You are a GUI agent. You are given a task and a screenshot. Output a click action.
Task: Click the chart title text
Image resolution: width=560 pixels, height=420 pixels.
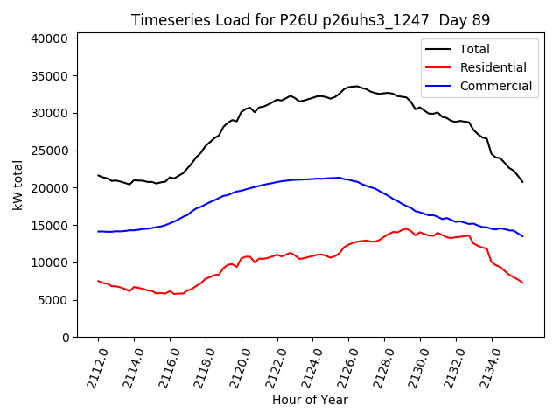[310, 19]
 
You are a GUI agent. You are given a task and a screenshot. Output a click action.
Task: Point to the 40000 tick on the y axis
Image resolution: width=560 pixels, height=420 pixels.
[50, 38]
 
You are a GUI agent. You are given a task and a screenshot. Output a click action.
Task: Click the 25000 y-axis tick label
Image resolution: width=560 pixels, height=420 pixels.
[50, 150]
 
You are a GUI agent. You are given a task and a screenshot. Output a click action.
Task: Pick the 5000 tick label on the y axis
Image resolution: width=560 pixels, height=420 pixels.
[53, 300]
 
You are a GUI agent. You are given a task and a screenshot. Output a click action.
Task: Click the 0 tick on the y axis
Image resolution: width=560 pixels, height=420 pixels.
[65, 338]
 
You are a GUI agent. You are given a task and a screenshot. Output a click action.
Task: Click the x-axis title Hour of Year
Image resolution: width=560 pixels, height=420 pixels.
[310, 400]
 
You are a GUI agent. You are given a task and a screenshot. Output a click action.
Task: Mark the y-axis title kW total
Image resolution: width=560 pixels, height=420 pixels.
[17, 185]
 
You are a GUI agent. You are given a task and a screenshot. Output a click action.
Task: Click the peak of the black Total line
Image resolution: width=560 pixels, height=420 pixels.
[356, 86]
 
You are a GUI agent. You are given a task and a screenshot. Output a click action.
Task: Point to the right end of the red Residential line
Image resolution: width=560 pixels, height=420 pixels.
[522, 283]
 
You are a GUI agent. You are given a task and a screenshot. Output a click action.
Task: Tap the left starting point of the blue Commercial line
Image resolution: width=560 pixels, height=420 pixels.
[98, 232]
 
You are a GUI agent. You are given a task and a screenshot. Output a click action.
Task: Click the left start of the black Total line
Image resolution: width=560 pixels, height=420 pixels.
[98, 175]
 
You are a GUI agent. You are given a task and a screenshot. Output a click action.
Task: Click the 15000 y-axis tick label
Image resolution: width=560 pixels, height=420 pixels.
[50, 226]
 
